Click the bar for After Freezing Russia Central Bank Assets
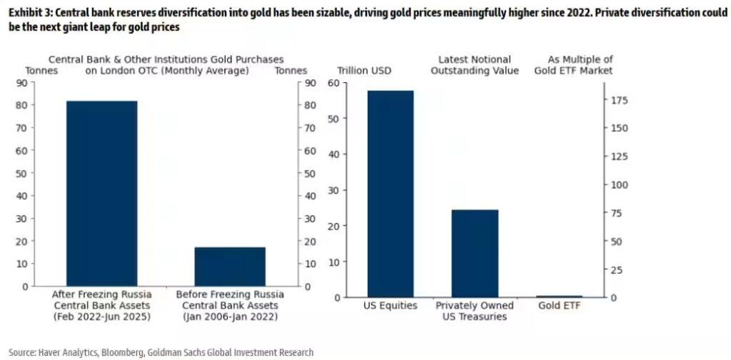pyautogui.click(x=101, y=193)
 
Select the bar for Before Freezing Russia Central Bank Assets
pyautogui.click(x=230, y=266)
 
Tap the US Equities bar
pyautogui.click(x=390, y=194)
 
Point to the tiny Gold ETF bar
pyautogui.click(x=559, y=296)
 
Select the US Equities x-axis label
pyautogui.click(x=390, y=306)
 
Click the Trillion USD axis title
pyautogui.click(x=365, y=71)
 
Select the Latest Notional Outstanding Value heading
pyautogui.click(x=475, y=65)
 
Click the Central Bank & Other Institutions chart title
pyautogui.click(x=166, y=65)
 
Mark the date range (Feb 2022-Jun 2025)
pyautogui.click(x=101, y=316)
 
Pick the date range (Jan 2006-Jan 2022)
pyautogui.click(x=230, y=316)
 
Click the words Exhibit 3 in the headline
pyautogui.click(x=30, y=12)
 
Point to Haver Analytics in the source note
pyautogui.click(x=76, y=352)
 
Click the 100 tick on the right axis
pyautogui.click(x=618, y=184)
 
